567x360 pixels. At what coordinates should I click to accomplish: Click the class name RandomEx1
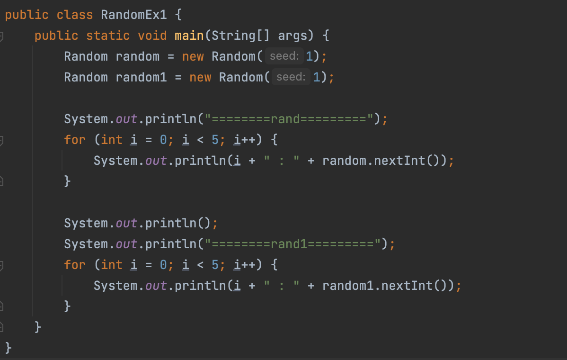(x=134, y=15)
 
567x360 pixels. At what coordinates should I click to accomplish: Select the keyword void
(x=152, y=36)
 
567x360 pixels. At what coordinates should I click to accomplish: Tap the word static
(x=108, y=36)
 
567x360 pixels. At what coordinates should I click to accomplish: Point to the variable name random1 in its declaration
(x=142, y=77)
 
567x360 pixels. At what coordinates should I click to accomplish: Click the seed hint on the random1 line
(x=291, y=77)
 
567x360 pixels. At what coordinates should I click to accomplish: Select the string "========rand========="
(x=289, y=119)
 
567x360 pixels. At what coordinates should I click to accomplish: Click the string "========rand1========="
(x=293, y=244)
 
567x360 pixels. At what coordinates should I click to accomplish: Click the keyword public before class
(x=27, y=15)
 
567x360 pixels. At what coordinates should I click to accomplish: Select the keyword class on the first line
(x=75, y=15)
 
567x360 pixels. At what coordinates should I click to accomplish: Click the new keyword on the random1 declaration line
(x=200, y=77)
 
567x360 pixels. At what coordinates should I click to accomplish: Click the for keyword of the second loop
(x=75, y=265)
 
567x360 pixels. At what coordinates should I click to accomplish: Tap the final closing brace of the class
(x=9, y=348)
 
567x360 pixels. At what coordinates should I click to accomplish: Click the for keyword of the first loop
(x=75, y=140)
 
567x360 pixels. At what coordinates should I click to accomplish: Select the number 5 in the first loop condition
(x=215, y=140)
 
